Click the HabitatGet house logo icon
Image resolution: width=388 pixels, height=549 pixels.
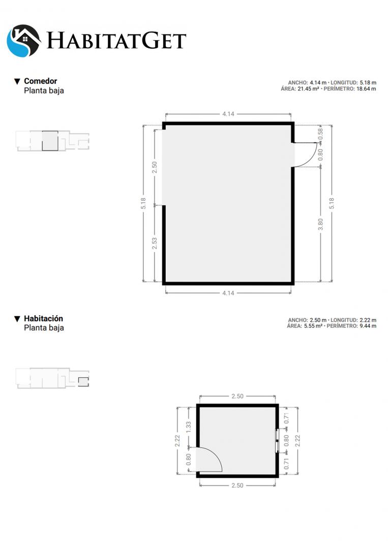[23, 41]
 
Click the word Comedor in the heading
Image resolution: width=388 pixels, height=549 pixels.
[40, 81]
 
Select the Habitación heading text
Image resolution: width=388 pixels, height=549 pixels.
[43, 319]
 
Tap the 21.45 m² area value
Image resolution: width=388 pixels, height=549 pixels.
[308, 89]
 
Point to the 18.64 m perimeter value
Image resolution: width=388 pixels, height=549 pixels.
[366, 89]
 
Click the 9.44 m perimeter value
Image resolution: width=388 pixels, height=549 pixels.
[368, 326]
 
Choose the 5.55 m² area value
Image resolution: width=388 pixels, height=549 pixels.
[313, 326]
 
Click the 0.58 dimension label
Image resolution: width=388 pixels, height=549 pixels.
[320, 134]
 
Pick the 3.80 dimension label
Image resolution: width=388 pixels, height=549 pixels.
[320, 225]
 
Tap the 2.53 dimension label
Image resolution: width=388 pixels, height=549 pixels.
[155, 243]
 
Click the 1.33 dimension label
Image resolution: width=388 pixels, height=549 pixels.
[188, 427]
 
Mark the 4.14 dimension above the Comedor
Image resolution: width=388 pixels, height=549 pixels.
[228, 114]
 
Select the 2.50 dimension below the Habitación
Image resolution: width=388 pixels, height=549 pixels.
[237, 485]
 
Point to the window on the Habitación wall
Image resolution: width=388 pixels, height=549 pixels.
[277, 440]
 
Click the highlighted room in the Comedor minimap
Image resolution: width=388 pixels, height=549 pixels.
[50, 141]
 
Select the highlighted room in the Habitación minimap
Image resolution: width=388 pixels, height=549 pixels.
[83, 381]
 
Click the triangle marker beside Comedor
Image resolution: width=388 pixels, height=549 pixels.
[17, 81]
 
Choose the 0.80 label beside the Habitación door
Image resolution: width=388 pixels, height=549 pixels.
[188, 460]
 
